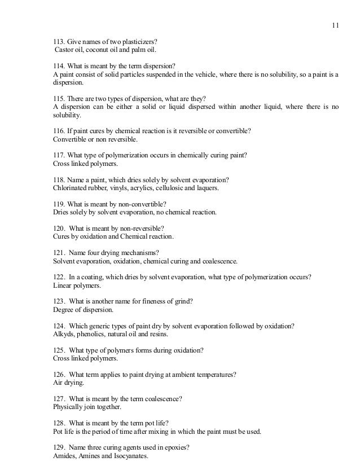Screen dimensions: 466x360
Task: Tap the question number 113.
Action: pos(59,41)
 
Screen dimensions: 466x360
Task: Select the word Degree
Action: pos(63,310)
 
